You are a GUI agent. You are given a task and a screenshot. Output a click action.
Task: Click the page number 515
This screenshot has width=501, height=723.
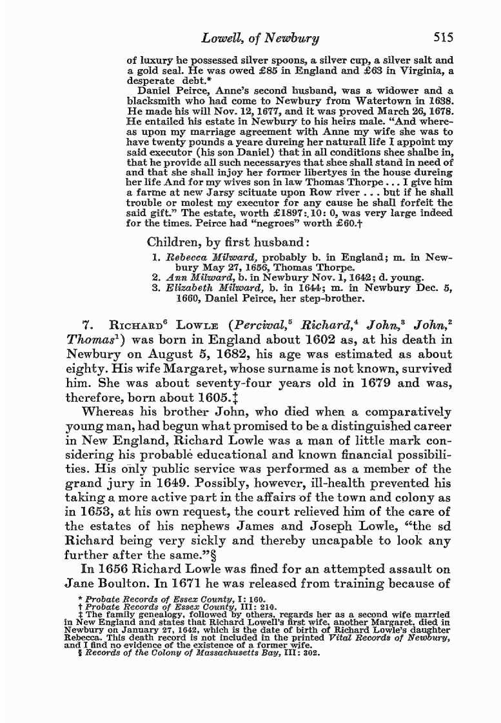[x=446, y=39]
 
